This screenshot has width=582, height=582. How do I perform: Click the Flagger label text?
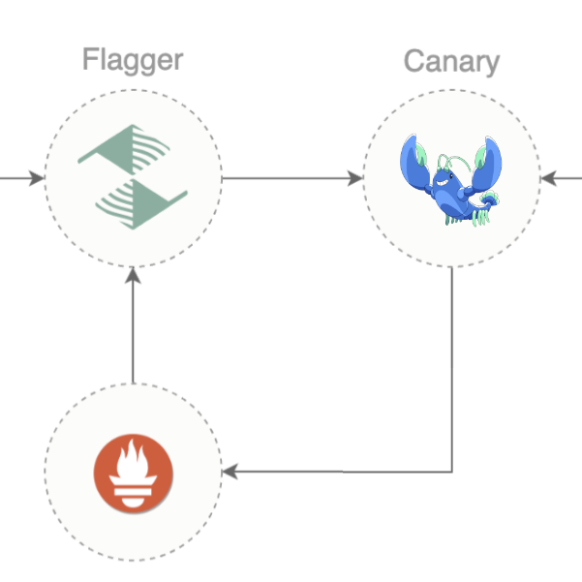click(133, 60)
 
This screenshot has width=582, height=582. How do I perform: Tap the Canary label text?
click(451, 62)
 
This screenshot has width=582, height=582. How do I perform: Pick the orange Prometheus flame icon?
click(133, 472)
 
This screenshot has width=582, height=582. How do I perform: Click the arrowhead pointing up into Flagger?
click(134, 274)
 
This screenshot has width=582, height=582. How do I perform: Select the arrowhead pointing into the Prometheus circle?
click(230, 472)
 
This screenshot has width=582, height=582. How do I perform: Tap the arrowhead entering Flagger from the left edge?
click(38, 178)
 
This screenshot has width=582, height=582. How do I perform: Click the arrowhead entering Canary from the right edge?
click(546, 178)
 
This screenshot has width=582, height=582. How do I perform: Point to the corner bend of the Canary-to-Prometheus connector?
click(452, 472)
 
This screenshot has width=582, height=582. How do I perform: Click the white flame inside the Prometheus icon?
click(133, 462)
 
